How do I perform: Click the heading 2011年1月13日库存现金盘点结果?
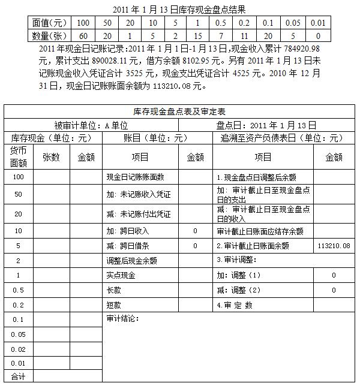[x=179, y=9]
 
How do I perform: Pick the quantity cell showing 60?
[x=83, y=36]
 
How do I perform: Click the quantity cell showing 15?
[x=197, y=36]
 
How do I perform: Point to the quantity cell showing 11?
[x=244, y=36]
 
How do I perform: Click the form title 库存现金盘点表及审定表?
[x=179, y=111]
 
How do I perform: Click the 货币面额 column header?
[x=19, y=156]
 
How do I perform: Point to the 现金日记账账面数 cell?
[x=134, y=177]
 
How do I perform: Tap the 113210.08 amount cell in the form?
[x=334, y=246]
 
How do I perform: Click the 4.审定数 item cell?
[x=235, y=304]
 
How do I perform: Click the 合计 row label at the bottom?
[x=19, y=376]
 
